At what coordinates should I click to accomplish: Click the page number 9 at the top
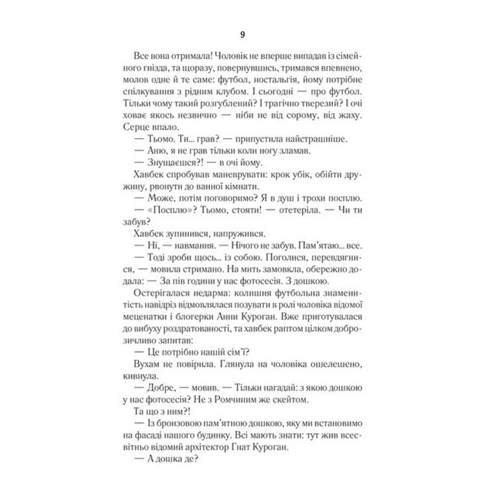(242, 35)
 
